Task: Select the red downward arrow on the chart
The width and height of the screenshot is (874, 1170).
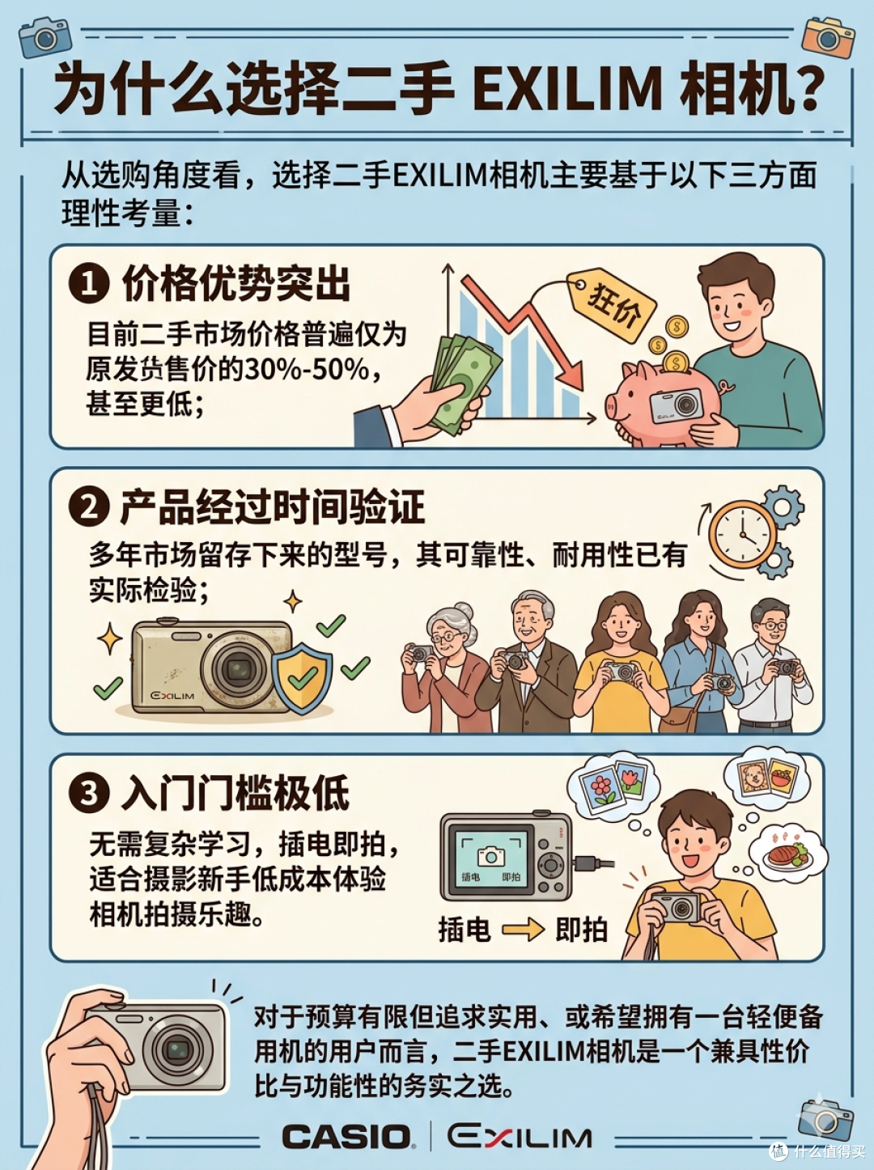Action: pyautogui.click(x=523, y=330)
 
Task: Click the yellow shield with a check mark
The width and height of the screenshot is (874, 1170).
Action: pyautogui.click(x=302, y=678)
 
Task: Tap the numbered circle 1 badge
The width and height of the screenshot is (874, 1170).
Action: pyautogui.click(x=89, y=284)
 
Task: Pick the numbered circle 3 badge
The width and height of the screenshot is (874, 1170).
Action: pyautogui.click(x=89, y=792)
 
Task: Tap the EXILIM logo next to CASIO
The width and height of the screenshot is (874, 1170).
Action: pyautogui.click(x=519, y=1136)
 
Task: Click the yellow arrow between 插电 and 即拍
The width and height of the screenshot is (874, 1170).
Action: pyautogui.click(x=523, y=930)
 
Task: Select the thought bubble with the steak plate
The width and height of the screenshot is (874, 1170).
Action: pyautogui.click(x=788, y=851)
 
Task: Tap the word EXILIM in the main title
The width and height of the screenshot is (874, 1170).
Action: pyautogui.click(x=567, y=88)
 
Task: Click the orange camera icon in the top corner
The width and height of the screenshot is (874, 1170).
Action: pyautogui.click(x=828, y=36)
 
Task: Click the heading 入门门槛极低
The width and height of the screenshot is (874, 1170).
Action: pyautogui.click(x=235, y=793)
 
